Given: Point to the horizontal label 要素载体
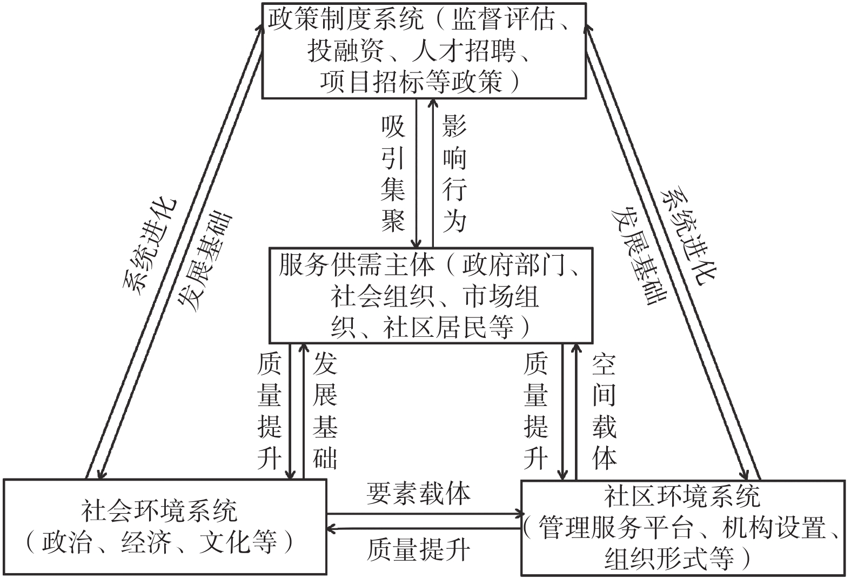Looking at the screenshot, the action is [418, 494].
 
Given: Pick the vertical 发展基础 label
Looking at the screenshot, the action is [325, 411].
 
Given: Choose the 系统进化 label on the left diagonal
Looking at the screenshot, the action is [150, 247].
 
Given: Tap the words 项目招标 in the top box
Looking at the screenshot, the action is [373, 82].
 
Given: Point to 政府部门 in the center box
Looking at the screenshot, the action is [513, 265].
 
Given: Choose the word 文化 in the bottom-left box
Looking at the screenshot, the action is [225, 542].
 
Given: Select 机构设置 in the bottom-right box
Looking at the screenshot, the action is [774, 527].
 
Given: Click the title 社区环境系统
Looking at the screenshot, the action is [682, 496].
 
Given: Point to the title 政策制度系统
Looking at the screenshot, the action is [346, 19].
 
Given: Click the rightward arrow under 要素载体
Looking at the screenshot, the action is [424, 515].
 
